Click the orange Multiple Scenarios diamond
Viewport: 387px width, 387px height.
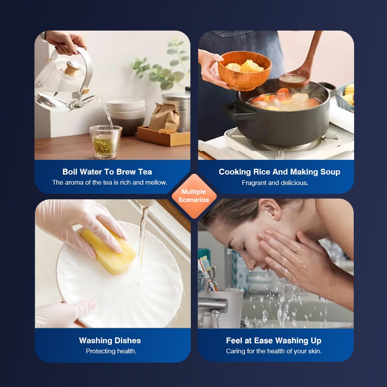pos(194,196)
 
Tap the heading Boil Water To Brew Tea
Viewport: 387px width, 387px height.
pos(107,172)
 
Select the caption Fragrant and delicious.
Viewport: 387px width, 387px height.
pos(275,183)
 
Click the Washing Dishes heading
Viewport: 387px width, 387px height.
pos(110,341)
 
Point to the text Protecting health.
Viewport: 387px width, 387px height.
pos(111,351)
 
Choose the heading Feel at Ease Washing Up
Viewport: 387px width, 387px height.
pos(274,341)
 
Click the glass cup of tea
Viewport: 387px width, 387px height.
pos(106,142)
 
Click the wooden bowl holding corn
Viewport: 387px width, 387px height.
pos(244,71)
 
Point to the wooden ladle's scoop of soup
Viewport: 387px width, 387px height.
pos(294,79)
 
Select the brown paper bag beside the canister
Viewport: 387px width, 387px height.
pos(164,117)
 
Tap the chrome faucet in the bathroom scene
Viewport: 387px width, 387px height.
pos(213,308)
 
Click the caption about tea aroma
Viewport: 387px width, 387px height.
pos(110,182)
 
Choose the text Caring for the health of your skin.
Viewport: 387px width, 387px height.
pos(274,351)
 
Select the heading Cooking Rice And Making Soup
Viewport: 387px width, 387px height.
pos(279,172)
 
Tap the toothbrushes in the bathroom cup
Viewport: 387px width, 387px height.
pos(207,272)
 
